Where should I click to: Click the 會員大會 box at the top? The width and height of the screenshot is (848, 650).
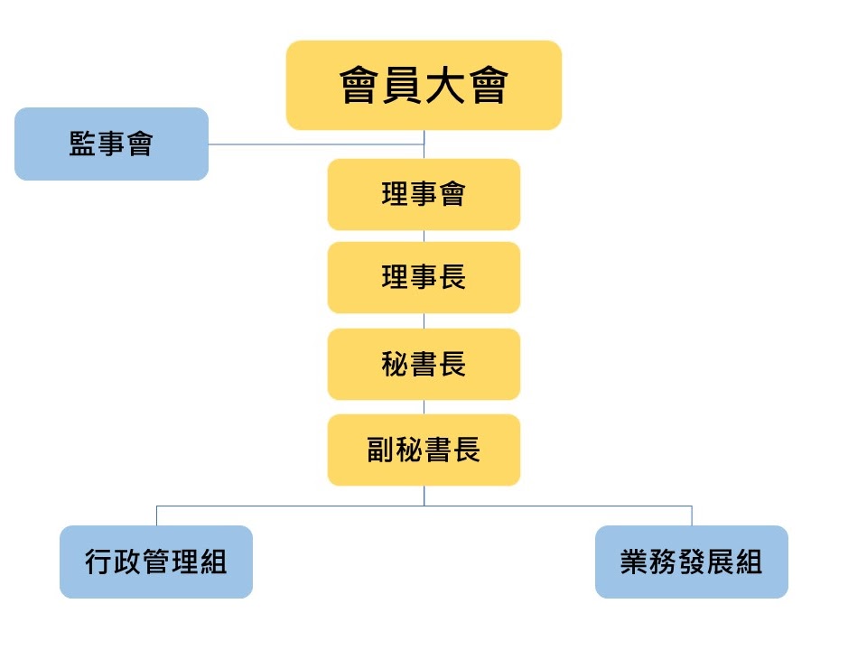[424, 86]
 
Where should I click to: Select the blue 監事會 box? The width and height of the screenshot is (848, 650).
[111, 144]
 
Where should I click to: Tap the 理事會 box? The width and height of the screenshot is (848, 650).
[424, 194]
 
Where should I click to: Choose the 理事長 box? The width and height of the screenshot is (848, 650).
[424, 277]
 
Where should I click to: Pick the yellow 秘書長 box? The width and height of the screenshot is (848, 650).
[424, 364]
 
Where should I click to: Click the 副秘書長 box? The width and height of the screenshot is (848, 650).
[424, 450]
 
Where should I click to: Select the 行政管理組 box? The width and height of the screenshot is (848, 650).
[156, 562]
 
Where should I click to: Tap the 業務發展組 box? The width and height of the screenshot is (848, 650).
[691, 562]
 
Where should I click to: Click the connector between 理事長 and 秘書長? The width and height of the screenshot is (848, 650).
[424, 320]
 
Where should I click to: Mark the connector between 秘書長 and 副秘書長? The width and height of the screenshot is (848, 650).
[424, 407]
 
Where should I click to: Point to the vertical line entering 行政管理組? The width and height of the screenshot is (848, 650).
[156, 515]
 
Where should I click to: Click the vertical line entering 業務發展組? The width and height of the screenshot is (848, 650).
[692, 515]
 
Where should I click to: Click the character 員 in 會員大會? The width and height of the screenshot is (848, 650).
[403, 86]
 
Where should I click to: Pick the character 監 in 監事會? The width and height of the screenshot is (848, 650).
[83, 144]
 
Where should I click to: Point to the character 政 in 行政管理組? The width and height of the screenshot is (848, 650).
[127, 562]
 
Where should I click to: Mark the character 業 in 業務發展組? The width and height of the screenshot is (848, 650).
[634, 562]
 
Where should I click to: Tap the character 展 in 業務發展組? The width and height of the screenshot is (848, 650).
[720, 562]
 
